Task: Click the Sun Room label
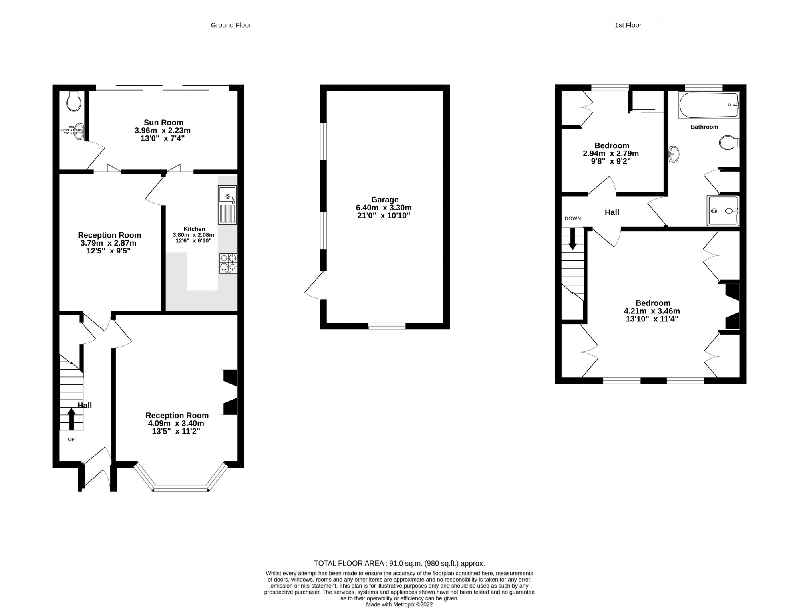click(163, 123)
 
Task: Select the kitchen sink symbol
click(227, 205)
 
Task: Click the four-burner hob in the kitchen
click(228, 263)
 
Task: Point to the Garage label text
click(384, 200)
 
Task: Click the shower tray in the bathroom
click(723, 210)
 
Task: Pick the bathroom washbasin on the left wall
click(674, 154)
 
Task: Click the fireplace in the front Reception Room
click(228, 392)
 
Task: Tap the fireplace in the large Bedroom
click(730, 306)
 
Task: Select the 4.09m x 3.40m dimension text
click(176, 424)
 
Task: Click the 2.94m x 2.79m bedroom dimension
click(611, 154)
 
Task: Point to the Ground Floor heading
click(231, 25)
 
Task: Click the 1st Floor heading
click(628, 25)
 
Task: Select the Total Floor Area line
click(399, 563)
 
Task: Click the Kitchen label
click(194, 229)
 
